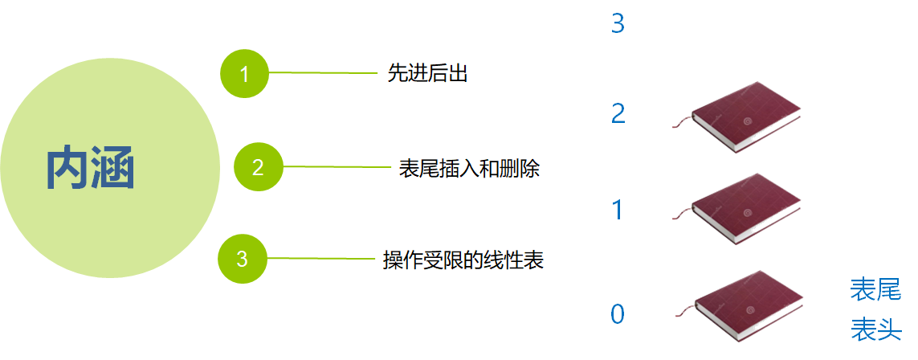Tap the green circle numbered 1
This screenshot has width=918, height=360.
pyautogui.click(x=244, y=74)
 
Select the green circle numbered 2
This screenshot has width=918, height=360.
pyautogui.click(x=258, y=168)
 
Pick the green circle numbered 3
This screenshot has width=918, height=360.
pyautogui.click(x=243, y=259)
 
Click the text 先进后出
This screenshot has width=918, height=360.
pyautogui.click(x=427, y=74)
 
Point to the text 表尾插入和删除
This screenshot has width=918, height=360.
pyautogui.click(x=469, y=169)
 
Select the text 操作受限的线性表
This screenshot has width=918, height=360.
pyautogui.click(x=463, y=260)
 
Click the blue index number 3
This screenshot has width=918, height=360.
pyautogui.click(x=618, y=24)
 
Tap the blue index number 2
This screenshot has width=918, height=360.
pyautogui.click(x=618, y=113)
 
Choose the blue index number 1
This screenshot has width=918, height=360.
pyautogui.click(x=618, y=211)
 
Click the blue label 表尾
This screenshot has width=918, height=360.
pyautogui.click(x=875, y=289)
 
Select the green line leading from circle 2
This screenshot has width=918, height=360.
pyautogui.click(x=337, y=167)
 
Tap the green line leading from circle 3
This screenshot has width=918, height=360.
pyautogui.click(x=321, y=259)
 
